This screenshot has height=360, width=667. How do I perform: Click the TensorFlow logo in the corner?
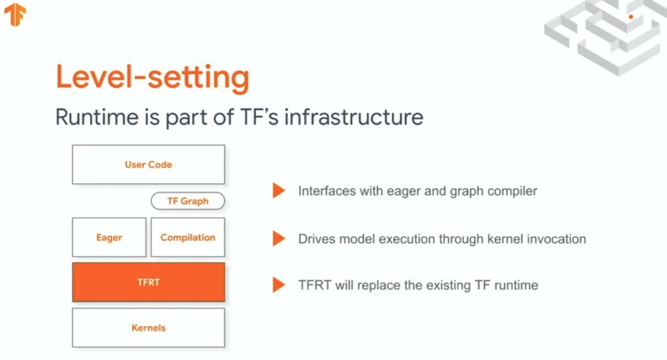point(15,15)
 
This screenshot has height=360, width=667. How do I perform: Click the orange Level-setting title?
point(152,78)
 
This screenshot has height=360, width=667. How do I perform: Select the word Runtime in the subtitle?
point(97,117)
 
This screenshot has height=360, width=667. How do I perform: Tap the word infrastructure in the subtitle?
point(354,117)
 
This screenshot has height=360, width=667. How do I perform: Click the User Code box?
point(149,165)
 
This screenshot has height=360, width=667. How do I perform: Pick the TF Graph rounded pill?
point(188,201)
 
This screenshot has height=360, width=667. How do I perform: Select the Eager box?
point(109,238)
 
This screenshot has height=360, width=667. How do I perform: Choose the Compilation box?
point(188,238)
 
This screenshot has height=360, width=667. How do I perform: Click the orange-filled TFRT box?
point(149,282)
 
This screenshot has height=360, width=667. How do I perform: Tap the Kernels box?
point(149,328)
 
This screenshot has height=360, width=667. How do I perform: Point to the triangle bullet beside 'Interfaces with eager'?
point(278,191)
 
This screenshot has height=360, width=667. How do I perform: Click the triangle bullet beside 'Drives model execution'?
point(278,239)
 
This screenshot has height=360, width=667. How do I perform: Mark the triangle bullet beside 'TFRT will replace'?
point(278,284)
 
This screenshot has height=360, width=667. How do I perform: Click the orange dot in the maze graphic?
point(631,17)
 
